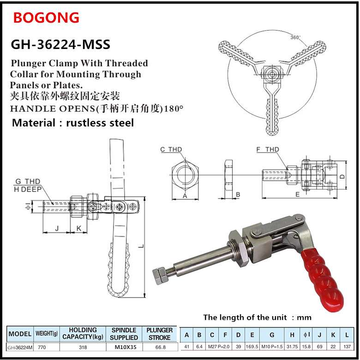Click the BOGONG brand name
[46, 18]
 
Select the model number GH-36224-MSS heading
[60, 45]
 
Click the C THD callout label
[171, 149]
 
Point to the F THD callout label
[268, 149]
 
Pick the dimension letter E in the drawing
[298, 194]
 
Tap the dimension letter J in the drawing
[56, 227]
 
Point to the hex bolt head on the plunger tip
[160, 275]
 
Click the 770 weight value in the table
[44, 347]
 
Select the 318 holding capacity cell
[83, 347]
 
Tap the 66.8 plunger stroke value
[160, 347]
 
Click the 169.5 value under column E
[252, 347]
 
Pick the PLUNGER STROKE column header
[160, 333]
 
